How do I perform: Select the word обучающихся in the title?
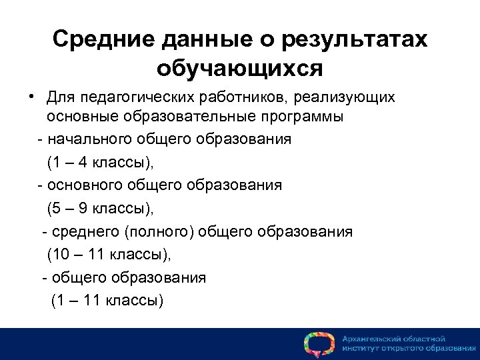[239, 68]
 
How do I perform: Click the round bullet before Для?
[31, 97]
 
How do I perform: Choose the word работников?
[242, 98]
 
